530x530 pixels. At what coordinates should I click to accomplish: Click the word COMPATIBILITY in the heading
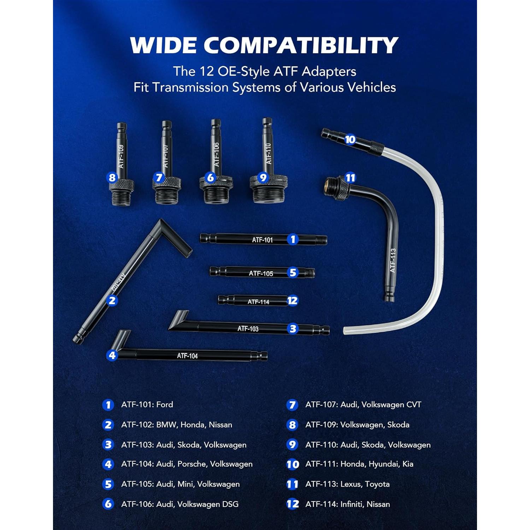click(x=301, y=45)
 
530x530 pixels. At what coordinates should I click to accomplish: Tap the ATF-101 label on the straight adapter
click(x=262, y=240)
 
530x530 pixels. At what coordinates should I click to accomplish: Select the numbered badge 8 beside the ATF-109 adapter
click(x=112, y=177)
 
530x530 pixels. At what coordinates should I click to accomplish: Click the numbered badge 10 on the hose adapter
click(x=350, y=139)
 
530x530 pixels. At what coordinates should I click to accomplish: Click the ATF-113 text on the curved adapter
click(x=393, y=260)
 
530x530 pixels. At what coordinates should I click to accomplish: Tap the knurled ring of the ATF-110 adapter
click(x=269, y=182)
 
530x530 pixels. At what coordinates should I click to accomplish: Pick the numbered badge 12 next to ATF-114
click(x=293, y=301)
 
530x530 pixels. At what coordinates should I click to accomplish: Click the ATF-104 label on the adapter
click(x=187, y=356)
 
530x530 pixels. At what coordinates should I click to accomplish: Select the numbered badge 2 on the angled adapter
click(x=112, y=300)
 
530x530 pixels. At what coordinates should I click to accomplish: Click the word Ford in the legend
click(x=165, y=405)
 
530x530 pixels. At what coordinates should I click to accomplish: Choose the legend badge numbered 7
click(x=292, y=405)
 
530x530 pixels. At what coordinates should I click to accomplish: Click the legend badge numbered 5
click(x=108, y=484)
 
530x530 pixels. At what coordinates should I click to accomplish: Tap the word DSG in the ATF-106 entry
click(x=230, y=504)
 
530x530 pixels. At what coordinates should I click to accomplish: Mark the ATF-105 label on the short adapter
click(x=261, y=273)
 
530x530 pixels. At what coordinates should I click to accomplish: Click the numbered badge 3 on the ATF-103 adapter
click(x=293, y=329)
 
